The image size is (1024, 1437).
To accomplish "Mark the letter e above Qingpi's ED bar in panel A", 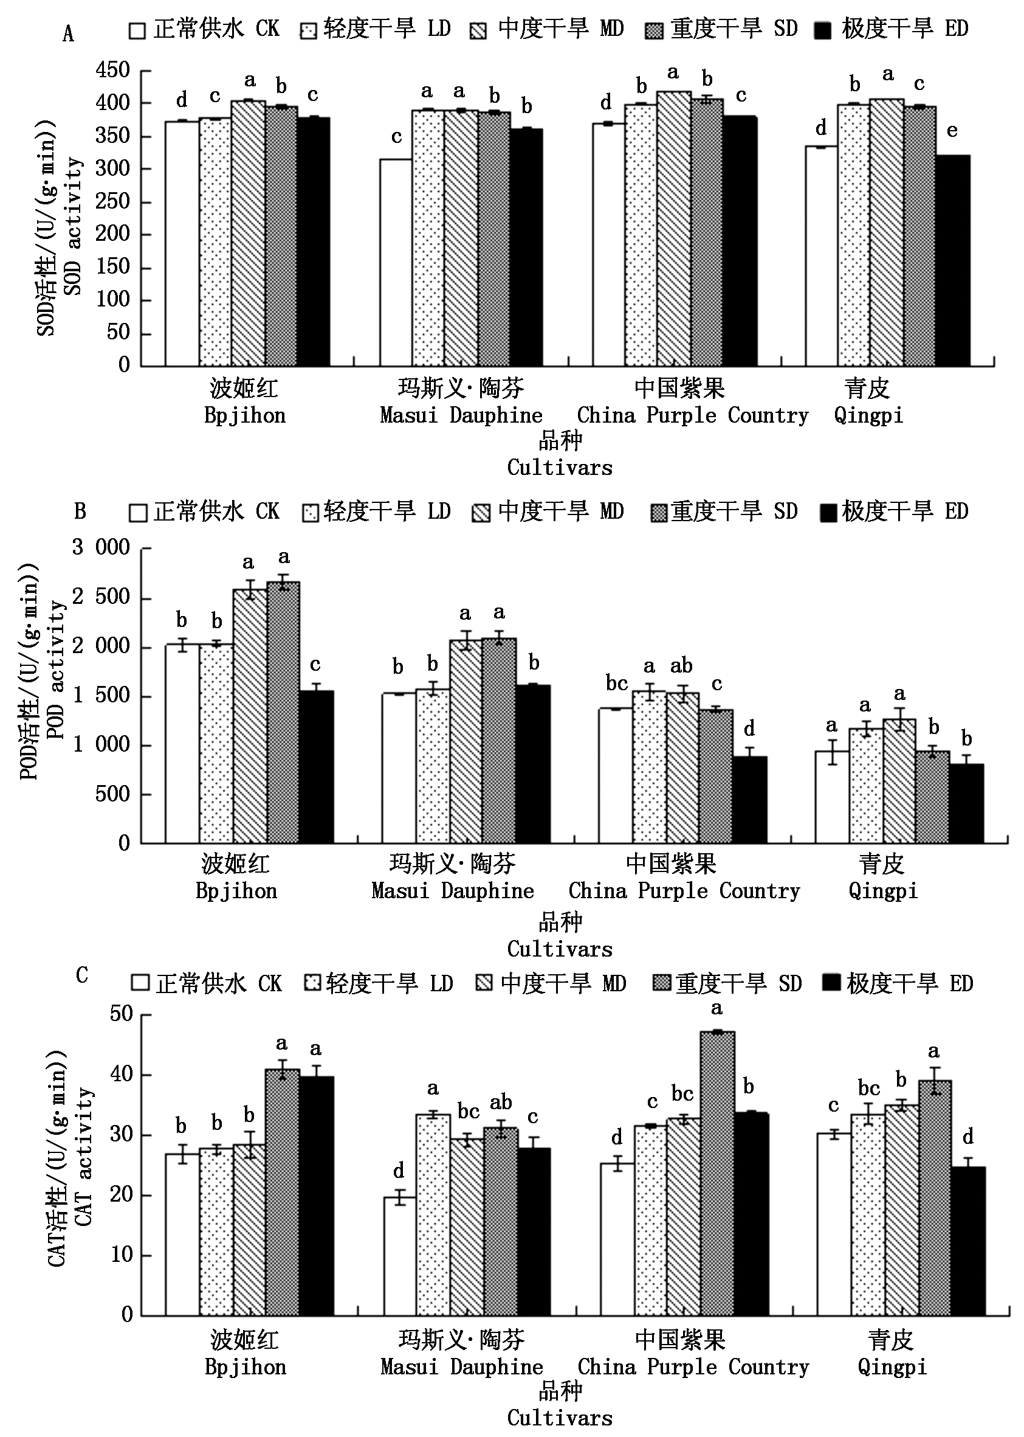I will (x=952, y=131).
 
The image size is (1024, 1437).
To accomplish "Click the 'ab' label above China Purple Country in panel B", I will (x=682, y=666).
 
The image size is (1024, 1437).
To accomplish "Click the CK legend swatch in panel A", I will (x=137, y=31).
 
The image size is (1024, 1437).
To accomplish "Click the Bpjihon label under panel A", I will (x=245, y=416).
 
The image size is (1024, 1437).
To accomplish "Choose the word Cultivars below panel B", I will (x=559, y=949).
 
